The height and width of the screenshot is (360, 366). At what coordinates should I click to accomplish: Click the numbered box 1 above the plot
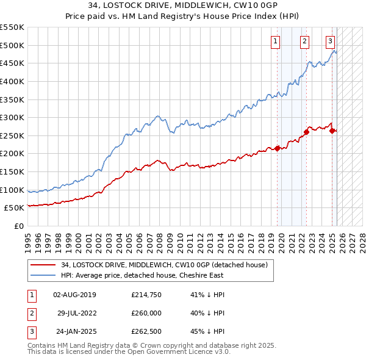(x=276, y=41)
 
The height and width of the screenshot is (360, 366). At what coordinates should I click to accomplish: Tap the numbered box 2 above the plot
(x=304, y=41)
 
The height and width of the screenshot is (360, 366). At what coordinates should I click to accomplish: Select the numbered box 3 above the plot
(x=330, y=41)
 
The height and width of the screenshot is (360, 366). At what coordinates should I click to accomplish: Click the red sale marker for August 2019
(x=277, y=148)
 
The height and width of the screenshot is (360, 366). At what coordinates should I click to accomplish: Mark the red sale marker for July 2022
(x=306, y=131)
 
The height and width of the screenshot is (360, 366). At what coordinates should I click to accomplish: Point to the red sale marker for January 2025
(x=332, y=130)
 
